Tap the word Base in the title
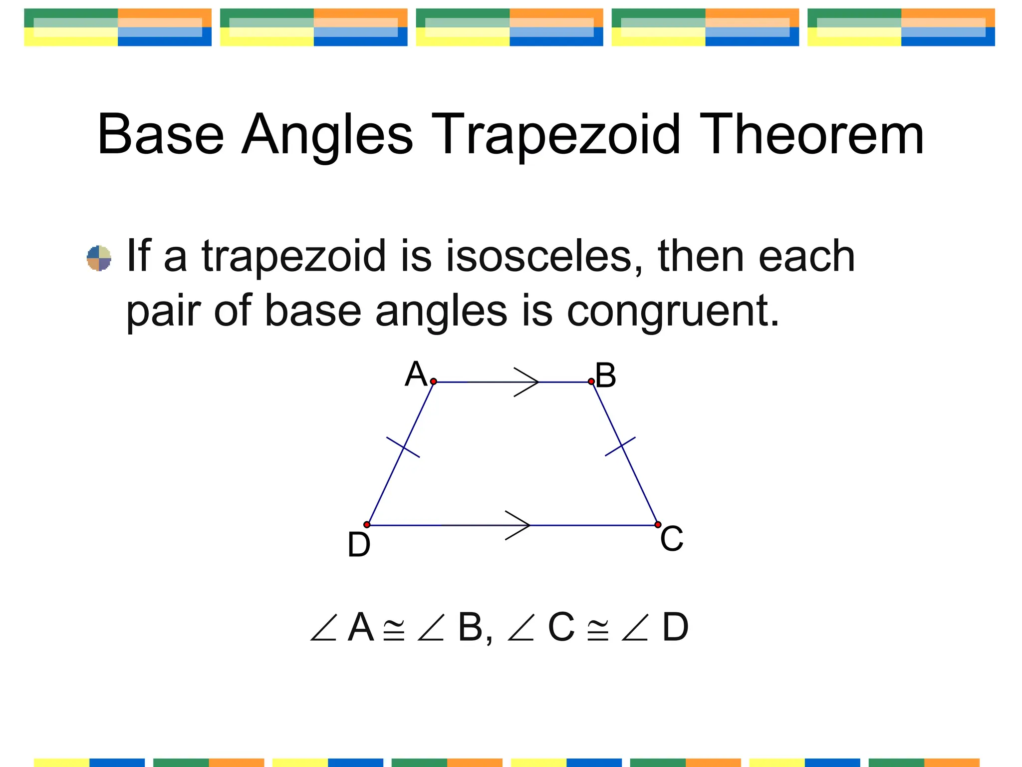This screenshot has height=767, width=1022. (161, 135)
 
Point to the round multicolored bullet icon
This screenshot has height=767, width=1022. (99, 258)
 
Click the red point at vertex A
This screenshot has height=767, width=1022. (434, 382)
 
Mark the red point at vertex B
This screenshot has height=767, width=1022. (591, 382)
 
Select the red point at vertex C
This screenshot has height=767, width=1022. (658, 525)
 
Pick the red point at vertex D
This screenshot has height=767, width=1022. (367, 525)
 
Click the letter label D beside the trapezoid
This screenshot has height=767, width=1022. (359, 545)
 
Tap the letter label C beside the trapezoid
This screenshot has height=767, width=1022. (672, 539)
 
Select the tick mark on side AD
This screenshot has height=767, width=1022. (403, 447)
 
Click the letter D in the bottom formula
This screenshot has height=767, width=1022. (675, 628)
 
